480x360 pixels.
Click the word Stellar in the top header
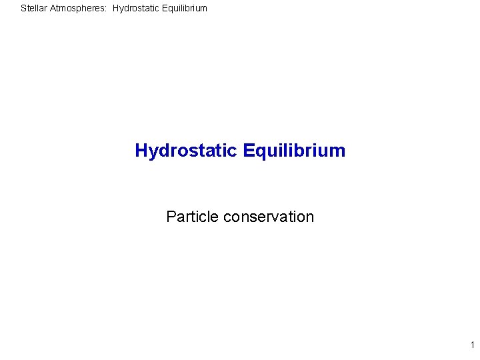click(33, 9)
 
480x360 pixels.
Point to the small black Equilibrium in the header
click(182, 9)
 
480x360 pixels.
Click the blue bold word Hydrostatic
click(186, 151)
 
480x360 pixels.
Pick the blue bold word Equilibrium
click(295, 151)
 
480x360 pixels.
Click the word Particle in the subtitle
click(193, 217)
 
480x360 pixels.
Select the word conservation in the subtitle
click(269, 217)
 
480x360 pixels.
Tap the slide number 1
click(472, 345)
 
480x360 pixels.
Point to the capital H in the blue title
click(141, 151)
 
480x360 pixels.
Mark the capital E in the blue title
click(249, 151)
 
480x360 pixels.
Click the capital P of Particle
click(171, 217)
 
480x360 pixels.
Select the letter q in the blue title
click(261, 153)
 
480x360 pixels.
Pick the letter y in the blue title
click(153, 153)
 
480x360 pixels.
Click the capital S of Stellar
click(23, 9)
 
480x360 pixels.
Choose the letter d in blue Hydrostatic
click(165, 151)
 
